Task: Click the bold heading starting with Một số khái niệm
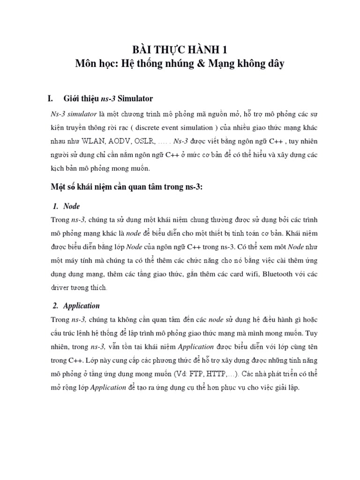[x=127, y=187]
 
